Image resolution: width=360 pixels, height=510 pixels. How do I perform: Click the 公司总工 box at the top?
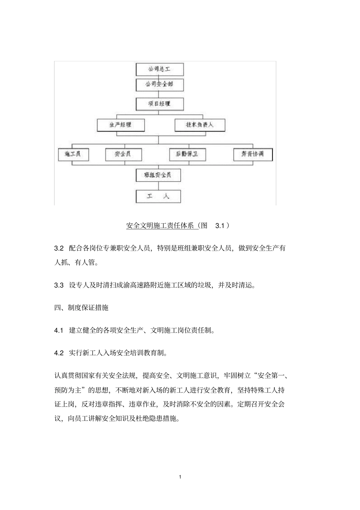[160, 69]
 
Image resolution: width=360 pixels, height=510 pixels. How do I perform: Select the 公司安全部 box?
[160, 85]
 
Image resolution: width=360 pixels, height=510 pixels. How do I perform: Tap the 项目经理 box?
[160, 104]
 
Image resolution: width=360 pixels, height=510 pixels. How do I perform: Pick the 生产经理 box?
[121, 125]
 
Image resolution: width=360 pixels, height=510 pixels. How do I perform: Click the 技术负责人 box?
[200, 125]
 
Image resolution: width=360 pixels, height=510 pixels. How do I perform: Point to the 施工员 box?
[73, 155]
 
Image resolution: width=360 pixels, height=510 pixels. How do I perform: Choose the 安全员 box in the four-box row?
[123, 155]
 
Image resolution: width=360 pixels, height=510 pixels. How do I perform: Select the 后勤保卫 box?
[188, 155]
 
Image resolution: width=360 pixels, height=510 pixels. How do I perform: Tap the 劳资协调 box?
[252, 155]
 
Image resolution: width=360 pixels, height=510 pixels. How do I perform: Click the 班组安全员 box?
[158, 175]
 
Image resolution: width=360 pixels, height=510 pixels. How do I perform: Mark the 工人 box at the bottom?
[158, 196]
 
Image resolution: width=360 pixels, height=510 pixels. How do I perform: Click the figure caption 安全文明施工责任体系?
[162, 226]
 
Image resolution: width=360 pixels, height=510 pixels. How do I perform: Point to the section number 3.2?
[59, 248]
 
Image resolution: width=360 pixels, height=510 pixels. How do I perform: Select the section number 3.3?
[59, 285]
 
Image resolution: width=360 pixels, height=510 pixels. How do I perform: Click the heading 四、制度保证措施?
[81, 308]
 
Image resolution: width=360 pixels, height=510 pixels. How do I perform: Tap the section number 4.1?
[59, 330]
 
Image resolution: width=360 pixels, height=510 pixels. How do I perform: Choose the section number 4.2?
[59, 353]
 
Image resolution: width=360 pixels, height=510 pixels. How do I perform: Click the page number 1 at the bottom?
[180, 477]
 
